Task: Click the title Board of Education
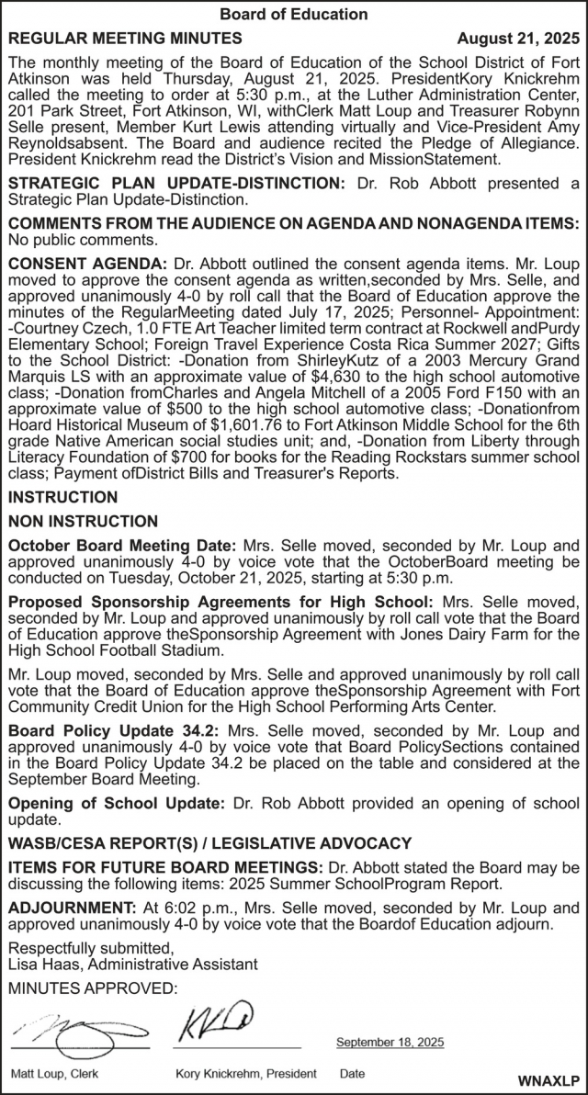pos(294,14)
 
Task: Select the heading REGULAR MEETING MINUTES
pos(125,39)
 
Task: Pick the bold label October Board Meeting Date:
pos(122,545)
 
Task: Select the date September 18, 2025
pos(390,1042)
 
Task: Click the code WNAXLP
pos(548,1080)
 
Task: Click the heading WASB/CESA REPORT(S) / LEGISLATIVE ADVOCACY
pos(210,843)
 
